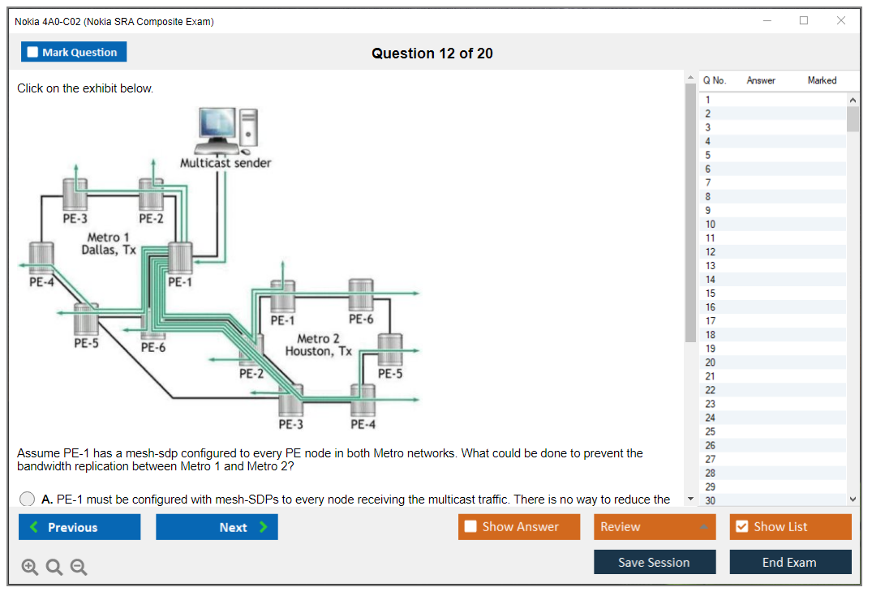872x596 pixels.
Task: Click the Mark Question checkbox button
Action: (x=73, y=52)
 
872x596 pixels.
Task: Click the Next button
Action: (x=217, y=527)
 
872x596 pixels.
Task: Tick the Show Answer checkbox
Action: (x=470, y=527)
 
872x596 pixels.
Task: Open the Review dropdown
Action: (x=655, y=527)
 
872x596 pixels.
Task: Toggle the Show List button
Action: (x=790, y=527)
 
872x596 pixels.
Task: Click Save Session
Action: (x=655, y=563)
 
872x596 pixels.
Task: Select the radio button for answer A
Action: (x=28, y=500)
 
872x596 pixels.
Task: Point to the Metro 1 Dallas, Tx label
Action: (x=109, y=243)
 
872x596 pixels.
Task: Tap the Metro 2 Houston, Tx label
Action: (x=319, y=345)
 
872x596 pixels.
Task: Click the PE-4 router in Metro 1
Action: (x=41, y=257)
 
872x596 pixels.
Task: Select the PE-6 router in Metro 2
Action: (x=360, y=296)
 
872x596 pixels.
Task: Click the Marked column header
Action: (x=822, y=80)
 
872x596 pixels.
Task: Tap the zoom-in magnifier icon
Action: (x=30, y=567)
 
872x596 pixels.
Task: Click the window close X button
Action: (x=841, y=21)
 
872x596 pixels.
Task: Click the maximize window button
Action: (x=804, y=21)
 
